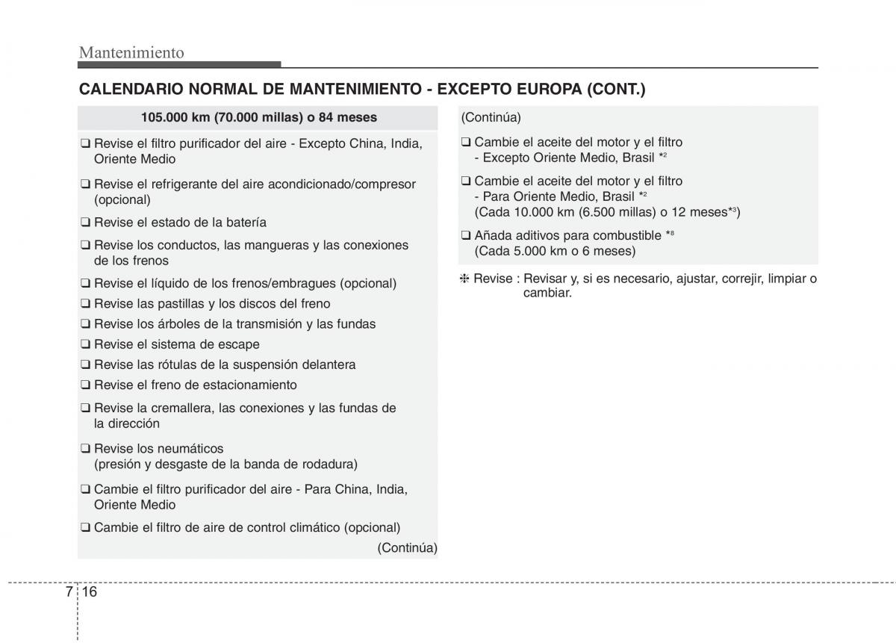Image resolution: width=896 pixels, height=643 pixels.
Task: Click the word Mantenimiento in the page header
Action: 131,52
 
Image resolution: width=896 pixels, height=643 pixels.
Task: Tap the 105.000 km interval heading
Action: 258,117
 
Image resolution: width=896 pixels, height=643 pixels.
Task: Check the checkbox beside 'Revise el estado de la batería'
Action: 86,223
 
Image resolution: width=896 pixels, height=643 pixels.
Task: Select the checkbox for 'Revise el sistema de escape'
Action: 86,345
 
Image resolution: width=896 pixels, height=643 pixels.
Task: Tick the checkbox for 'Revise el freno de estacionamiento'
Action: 86,385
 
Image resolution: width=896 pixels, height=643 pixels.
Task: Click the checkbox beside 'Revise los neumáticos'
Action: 86,449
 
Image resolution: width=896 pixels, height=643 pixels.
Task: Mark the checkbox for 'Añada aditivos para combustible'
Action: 466,236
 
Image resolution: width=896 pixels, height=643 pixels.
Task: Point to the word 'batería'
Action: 246,223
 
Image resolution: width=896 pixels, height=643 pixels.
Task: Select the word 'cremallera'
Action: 175,408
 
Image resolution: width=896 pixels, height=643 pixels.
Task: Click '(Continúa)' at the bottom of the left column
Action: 407,547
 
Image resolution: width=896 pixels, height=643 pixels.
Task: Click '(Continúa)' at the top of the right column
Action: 491,117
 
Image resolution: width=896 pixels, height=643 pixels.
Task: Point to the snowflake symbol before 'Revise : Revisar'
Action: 464,279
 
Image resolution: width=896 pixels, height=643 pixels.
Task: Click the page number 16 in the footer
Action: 90,591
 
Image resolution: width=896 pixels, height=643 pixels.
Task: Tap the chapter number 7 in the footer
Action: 69,591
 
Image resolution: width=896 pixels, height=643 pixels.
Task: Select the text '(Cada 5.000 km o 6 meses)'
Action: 555,251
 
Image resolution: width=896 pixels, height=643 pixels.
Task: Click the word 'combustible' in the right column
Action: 628,235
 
